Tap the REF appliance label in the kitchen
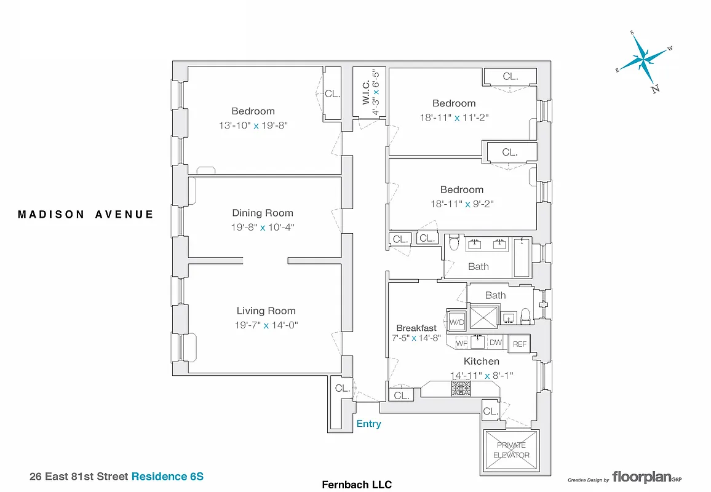pyautogui.click(x=520, y=344)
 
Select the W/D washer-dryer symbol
pyautogui.click(x=457, y=322)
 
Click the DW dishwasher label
pyautogui.click(x=496, y=343)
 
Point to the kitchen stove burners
pyautogui.click(x=461, y=388)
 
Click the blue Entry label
pyautogui.click(x=369, y=424)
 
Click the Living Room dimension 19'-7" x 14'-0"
pyautogui.click(x=267, y=325)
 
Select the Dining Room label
pyautogui.click(x=263, y=213)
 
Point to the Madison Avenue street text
pyautogui.click(x=85, y=215)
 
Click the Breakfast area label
pyautogui.click(x=416, y=328)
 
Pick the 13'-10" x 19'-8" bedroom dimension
pyautogui.click(x=253, y=125)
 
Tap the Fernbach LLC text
pyautogui.click(x=357, y=485)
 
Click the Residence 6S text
pyautogui.click(x=167, y=476)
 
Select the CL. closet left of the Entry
pyautogui.click(x=342, y=389)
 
